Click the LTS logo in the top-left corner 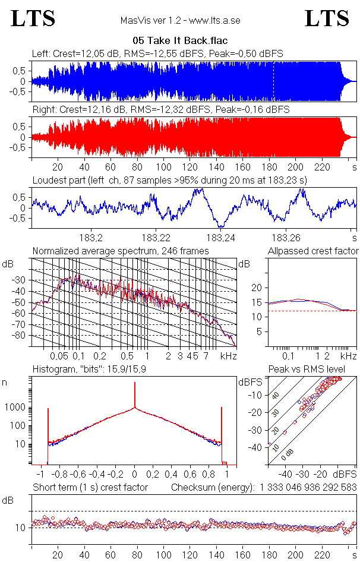pos(33,19)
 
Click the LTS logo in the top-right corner pos(327,19)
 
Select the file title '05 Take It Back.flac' pos(179,42)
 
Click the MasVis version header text pos(179,21)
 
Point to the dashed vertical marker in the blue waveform pos(273,81)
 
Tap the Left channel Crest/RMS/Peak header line pos(157,53)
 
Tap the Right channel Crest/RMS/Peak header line pos(160,109)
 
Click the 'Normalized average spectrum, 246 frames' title pos(121,251)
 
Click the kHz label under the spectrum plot pos(229,356)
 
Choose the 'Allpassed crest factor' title pos(313,251)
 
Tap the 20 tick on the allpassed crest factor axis pos(257,288)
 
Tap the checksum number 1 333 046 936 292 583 pos(308,487)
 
